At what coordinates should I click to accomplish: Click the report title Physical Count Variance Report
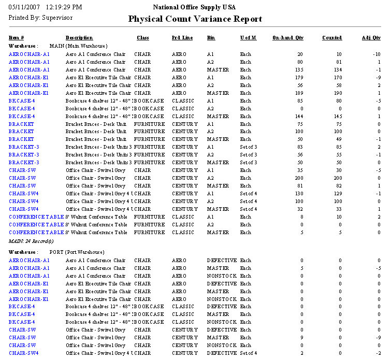tap(195, 19)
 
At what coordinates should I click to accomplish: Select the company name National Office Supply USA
tap(194, 7)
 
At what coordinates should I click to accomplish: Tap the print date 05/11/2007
tap(24, 7)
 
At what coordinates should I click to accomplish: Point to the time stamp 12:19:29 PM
tap(64, 7)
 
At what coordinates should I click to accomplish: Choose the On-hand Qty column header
tap(287, 38)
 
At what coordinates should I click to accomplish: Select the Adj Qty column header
tap(371, 38)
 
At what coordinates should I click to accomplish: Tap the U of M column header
tap(248, 38)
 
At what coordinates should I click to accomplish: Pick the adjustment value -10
tap(376, 54)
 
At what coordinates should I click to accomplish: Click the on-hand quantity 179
tap(299, 78)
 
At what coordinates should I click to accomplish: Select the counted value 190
tap(337, 93)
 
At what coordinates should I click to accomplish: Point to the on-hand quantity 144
tap(299, 117)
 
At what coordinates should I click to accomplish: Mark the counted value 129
tap(337, 194)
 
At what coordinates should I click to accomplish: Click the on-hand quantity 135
tap(299, 70)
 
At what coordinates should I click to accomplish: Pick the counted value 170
tap(337, 78)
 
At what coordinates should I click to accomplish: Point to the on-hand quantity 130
tap(299, 194)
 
